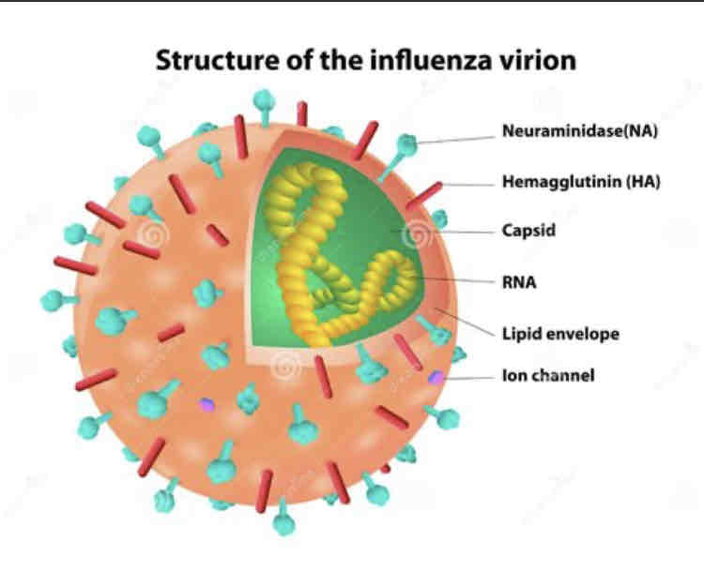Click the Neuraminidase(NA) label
[x=579, y=131]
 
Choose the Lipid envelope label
[x=560, y=333]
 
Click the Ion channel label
[x=548, y=376]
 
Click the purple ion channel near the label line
[x=436, y=377]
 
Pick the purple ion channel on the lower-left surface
[x=206, y=405]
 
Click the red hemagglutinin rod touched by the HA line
[x=425, y=194]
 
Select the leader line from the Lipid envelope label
[x=469, y=322]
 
